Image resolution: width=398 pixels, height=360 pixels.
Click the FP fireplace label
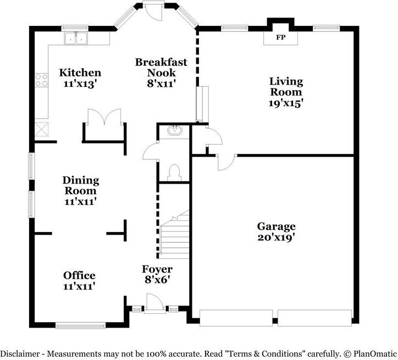[280, 38]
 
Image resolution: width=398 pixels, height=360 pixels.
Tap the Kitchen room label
[80, 73]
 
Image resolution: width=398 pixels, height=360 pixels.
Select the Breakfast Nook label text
[161, 67]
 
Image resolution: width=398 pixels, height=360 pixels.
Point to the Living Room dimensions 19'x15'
[285, 102]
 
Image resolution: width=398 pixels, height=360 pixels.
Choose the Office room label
[79, 275]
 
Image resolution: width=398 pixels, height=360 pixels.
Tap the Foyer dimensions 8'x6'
[157, 279]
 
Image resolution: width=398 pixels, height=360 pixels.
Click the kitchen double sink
[76, 38]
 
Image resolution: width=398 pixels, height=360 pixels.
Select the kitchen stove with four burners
[41, 80]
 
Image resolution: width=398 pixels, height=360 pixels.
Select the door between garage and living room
[225, 161]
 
